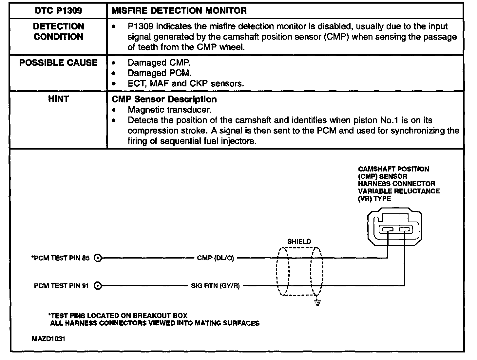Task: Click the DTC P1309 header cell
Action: click(58, 11)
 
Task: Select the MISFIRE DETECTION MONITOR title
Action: click(179, 11)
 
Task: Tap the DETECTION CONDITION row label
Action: click(58, 32)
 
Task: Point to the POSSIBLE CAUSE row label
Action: click(58, 63)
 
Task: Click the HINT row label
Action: click(58, 99)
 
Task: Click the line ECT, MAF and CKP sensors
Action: click(186, 83)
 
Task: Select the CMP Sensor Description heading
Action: click(164, 99)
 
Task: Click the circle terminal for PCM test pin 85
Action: click(97, 258)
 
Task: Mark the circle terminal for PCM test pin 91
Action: click(97, 286)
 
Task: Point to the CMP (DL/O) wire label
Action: click(216, 258)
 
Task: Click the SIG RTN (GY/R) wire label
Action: click(215, 286)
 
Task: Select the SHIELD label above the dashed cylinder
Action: click(299, 242)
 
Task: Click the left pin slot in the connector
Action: click(388, 229)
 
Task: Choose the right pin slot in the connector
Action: click(405, 229)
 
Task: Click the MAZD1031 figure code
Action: click(48, 339)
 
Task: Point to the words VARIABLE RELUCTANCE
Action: click(399, 191)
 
